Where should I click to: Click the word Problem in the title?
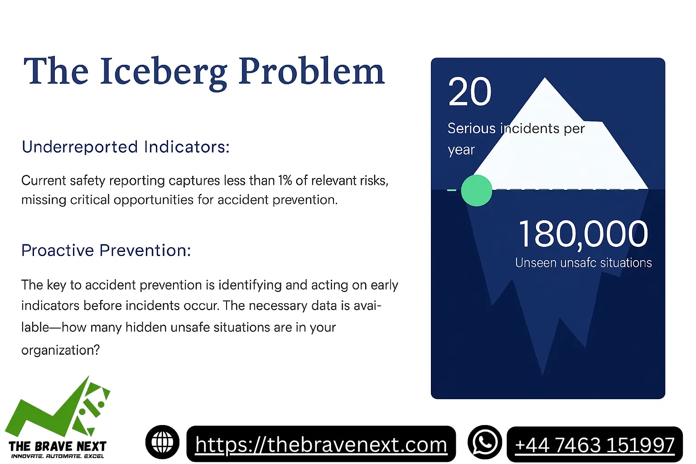coord(312,72)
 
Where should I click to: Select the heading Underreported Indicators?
coord(126,147)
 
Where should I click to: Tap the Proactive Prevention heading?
coord(106,250)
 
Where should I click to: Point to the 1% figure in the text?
coord(285,180)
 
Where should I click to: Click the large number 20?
coord(470,92)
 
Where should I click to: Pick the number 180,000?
coord(583,234)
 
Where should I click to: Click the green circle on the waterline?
coord(476,190)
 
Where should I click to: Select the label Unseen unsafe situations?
coord(583,263)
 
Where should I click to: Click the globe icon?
coord(162,442)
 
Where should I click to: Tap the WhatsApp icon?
coord(485,442)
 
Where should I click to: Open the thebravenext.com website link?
coord(321,445)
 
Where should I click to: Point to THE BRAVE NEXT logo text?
coord(58,446)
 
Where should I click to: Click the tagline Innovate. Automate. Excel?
coord(58,456)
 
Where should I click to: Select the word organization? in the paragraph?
coord(60,350)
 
